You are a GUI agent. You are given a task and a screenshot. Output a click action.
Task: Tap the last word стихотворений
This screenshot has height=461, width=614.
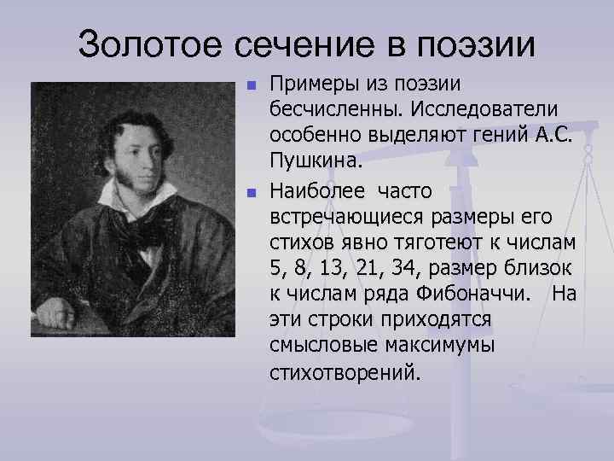point(345,374)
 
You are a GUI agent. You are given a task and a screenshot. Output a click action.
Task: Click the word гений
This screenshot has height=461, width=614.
point(510,136)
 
